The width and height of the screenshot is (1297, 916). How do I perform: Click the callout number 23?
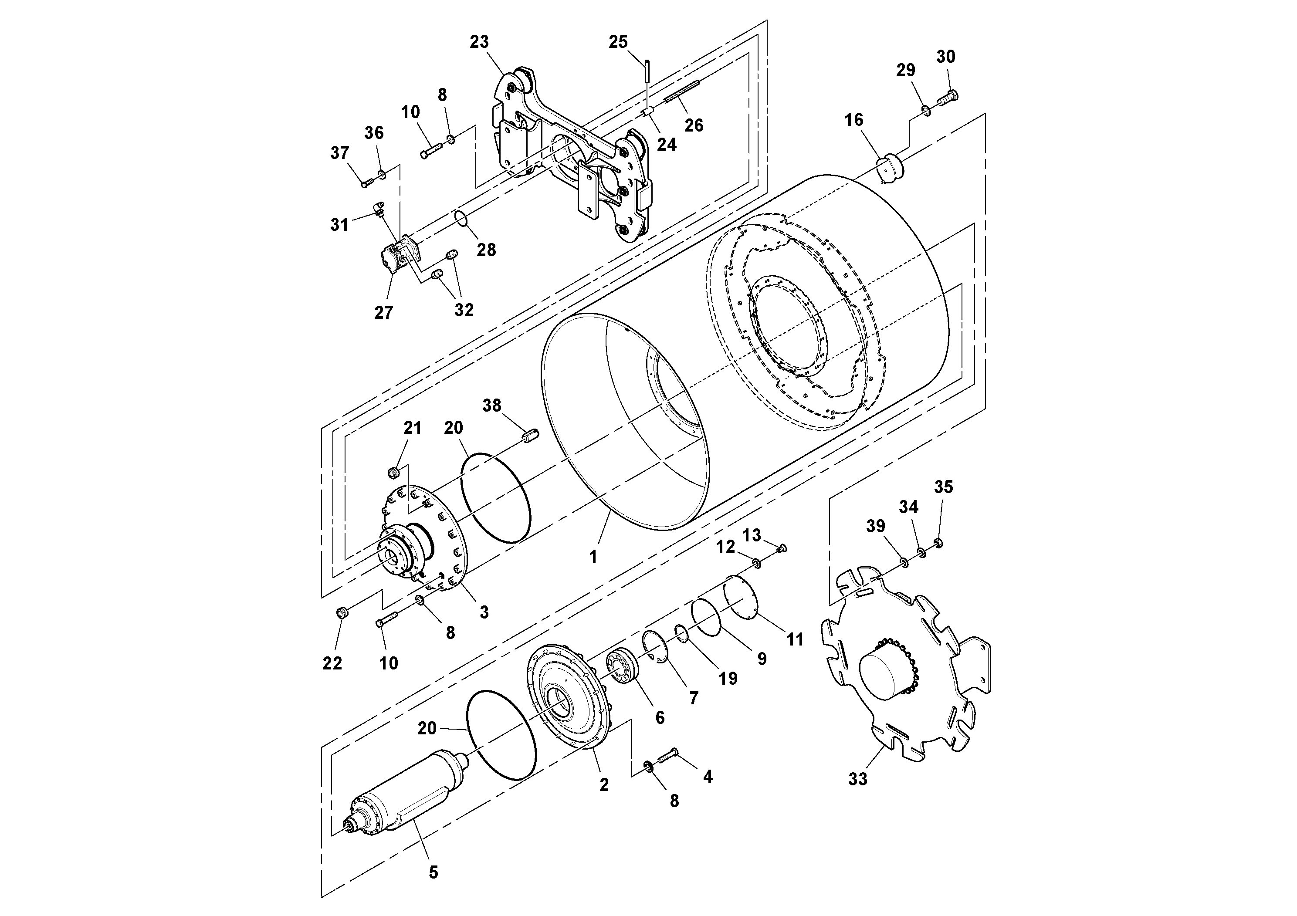[x=479, y=42]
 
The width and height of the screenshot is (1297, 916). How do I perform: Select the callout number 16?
[x=853, y=120]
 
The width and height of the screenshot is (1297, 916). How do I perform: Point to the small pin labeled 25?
[x=646, y=72]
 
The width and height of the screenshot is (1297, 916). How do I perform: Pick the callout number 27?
[x=383, y=312]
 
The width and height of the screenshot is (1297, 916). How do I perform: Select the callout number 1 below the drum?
[x=593, y=557]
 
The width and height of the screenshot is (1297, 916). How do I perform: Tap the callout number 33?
[x=857, y=779]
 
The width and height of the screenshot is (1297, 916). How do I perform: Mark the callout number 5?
[x=433, y=872]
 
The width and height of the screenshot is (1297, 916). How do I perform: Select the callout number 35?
[x=943, y=487]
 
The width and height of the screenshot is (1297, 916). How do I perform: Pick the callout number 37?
[x=339, y=152]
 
